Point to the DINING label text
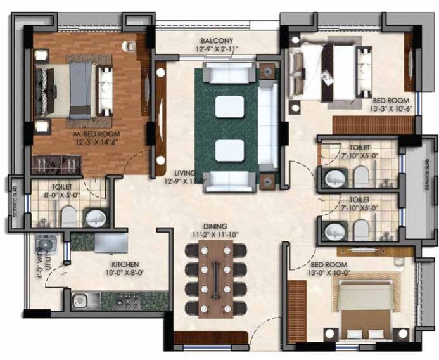pos(215,226)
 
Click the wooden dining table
pos(215,279)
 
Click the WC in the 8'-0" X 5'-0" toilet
pos(68,217)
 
